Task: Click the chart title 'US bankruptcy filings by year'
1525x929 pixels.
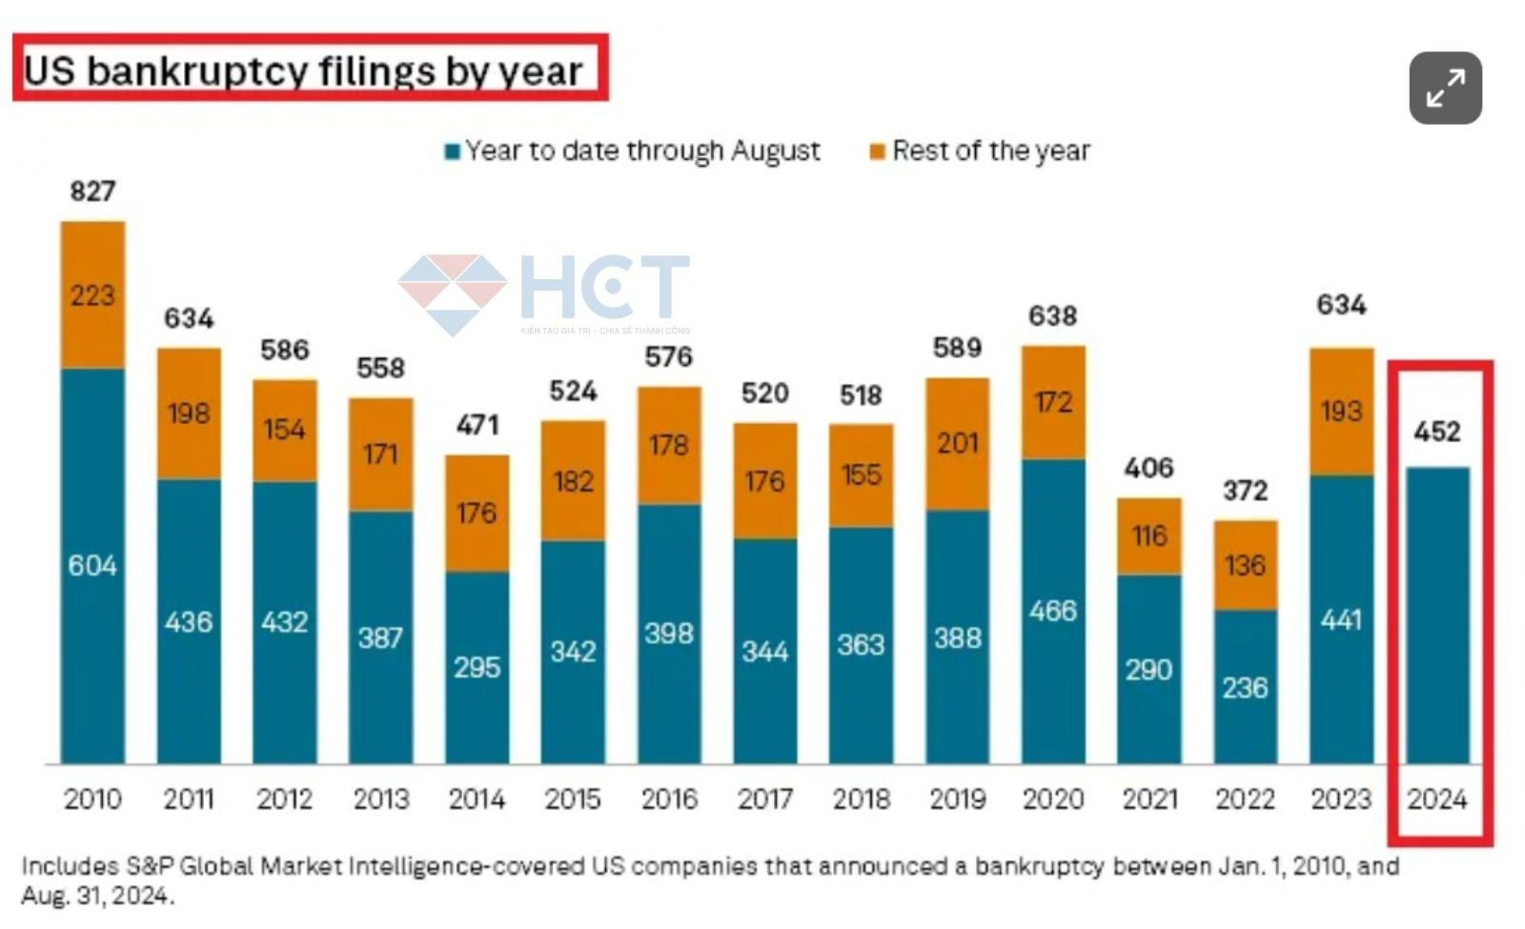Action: [x=303, y=71]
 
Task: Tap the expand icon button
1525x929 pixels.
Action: [x=1445, y=89]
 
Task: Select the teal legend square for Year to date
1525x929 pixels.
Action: [x=453, y=151]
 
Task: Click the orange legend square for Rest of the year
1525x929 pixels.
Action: [x=878, y=151]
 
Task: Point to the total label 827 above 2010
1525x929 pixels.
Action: [x=92, y=192]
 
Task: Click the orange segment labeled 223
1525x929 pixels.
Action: [x=92, y=295]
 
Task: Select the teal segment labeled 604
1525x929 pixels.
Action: [x=92, y=566]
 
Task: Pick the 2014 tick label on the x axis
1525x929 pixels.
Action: [x=477, y=798]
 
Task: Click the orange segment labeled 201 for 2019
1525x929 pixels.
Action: [x=957, y=444]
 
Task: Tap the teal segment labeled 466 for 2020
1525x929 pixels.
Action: [x=1053, y=611]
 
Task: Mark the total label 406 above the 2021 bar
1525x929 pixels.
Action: [x=1149, y=468]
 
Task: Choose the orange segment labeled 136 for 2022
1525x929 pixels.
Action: [x=1245, y=565]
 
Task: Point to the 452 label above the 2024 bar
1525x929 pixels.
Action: [x=1437, y=432]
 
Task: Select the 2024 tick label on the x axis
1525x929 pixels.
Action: [x=1437, y=798]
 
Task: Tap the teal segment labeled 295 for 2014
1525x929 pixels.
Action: [x=477, y=667]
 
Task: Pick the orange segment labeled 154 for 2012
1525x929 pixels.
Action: [x=284, y=430]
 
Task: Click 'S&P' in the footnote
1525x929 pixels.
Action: [x=151, y=866]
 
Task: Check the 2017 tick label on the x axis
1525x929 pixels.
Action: [x=764, y=798]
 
